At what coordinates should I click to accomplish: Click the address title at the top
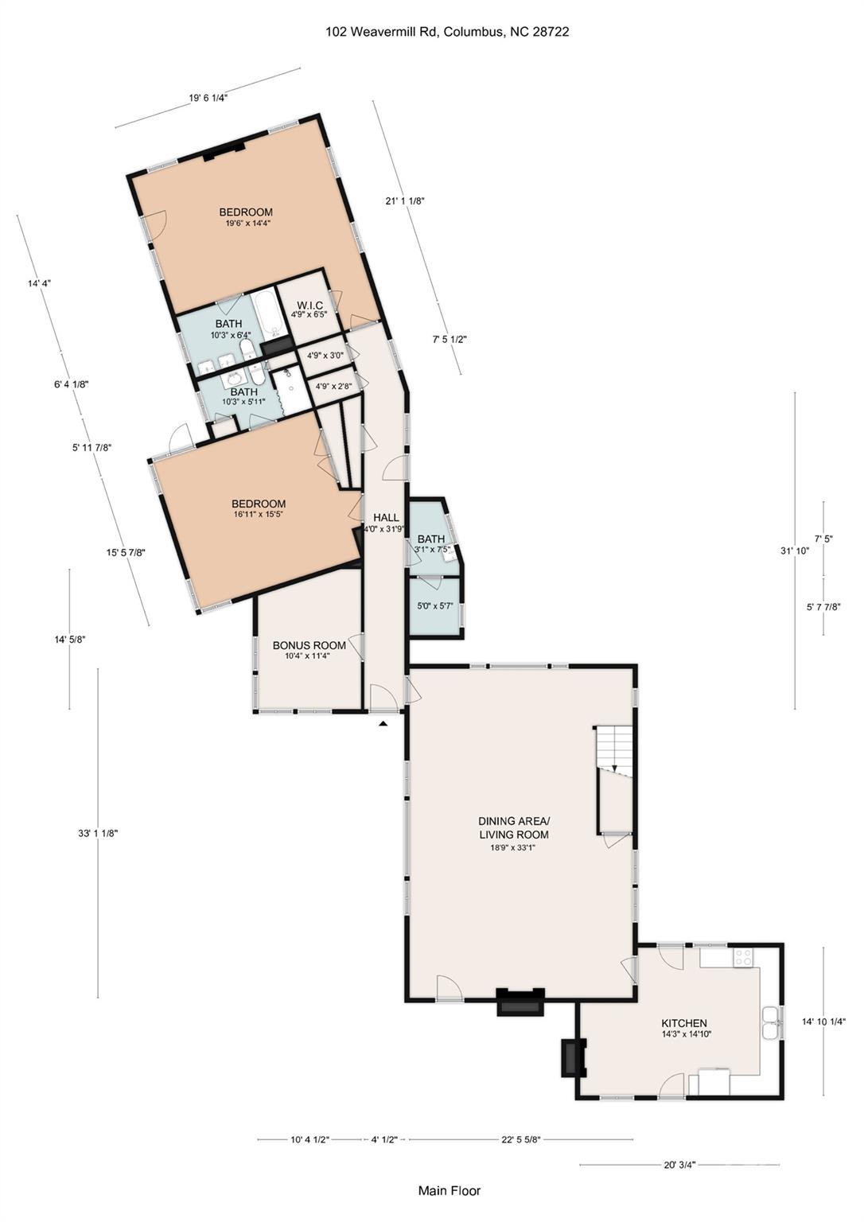coord(447,32)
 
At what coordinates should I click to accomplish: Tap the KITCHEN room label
coord(684,1023)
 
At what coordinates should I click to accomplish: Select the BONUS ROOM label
coord(309,645)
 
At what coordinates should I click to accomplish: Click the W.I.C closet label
coord(309,305)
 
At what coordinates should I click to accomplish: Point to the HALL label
coord(386,517)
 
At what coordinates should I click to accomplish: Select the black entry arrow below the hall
coord(383,723)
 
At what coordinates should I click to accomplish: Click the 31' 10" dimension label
coord(794,551)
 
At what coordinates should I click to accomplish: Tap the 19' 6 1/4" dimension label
coord(208,98)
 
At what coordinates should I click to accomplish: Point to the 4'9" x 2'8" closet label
coord(330,386)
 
